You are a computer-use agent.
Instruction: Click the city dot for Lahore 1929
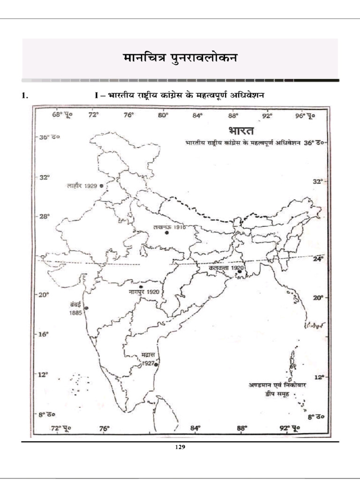pyautogui.click(x=102, y=186)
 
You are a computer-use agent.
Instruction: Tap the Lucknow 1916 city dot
pyautogui.click(x=166, y=232)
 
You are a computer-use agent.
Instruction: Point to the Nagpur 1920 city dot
pyautogui.click(x=141, y=286)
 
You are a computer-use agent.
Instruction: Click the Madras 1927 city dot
pyautogui.click(x=156, y=363)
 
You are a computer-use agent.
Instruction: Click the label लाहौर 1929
pyautogui.click(x=82, y=186)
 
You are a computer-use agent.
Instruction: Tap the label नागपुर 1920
pyautogui.click(x=144, y=292)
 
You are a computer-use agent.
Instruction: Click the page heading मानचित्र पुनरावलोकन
pyautogui.click(x=180, y=58)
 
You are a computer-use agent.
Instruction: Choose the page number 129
pyautogui.click(x=180, y=447)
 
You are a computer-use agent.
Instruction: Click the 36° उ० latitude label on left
pyautogui.click(x=50, y=137)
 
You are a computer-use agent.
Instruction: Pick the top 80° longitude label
pyautogui.click(x=163, y=114)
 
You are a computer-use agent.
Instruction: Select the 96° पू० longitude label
pyautogui.click(x=305, y=114)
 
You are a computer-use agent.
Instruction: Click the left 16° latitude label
pyautogui.click(x=44, y=335)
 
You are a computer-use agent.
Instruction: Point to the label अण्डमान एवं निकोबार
pyautogui.click(x=277, y=385)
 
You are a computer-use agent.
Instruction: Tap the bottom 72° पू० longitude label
pyautogui.click(x=60, y=428)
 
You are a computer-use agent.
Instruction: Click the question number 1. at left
pyautogui.click(x=25, y=95)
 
